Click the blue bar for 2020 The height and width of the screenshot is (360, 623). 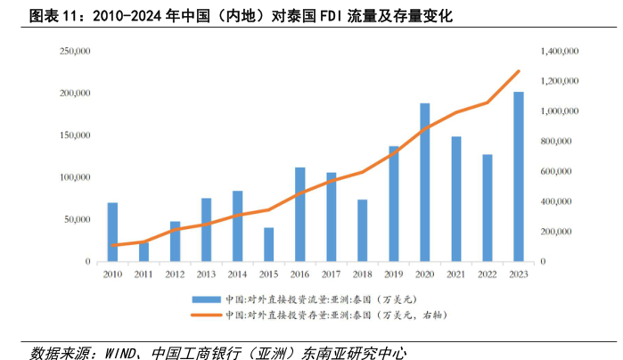click(425, 183)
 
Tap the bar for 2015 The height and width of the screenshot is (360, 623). click(268, 245)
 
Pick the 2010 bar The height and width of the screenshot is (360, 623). click(112, 233)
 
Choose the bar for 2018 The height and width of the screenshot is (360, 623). click(363, 231)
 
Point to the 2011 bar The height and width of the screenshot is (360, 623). click(143, 251)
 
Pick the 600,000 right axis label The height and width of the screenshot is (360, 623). click(562, 172)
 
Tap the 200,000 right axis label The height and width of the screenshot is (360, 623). click(562, 232)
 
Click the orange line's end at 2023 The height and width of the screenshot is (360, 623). click(519, 71)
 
